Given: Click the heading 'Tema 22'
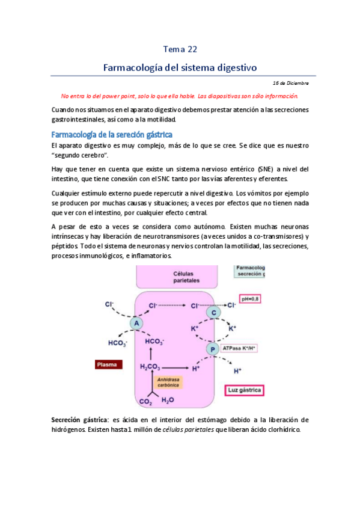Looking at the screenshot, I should pos(180,49).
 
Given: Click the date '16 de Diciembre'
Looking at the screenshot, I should pos(290,82).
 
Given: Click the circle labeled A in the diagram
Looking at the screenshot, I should pos(136,323).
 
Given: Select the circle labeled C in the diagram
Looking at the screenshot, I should pos(213,313).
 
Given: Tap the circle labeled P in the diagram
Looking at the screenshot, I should pos(212,349).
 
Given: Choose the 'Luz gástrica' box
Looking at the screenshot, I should pos(245,390).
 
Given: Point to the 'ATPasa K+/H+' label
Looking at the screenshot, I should pos(240,348).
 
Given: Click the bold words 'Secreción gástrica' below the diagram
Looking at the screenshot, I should pos(77,419).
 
